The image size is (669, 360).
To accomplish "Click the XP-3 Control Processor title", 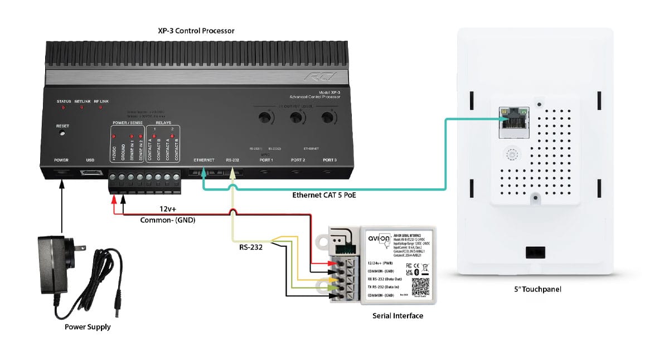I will tap(196, 31).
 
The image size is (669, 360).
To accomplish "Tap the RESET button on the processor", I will tap(62, 133).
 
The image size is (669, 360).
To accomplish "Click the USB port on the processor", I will tap(90, 173).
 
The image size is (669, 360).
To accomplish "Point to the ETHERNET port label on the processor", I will tap(203, 160).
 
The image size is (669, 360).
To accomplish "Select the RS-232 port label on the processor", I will tap(232, 160).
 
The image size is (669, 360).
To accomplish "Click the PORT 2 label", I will tap(298, 160).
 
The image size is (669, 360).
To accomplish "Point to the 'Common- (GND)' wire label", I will tap(167, 220).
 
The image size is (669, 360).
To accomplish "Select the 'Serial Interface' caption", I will tap(397, 316).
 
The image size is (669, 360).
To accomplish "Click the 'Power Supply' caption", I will tap(88, 327).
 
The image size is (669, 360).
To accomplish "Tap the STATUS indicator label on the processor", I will tap(64, 101).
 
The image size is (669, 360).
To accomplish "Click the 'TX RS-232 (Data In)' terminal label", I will tap(385, 286).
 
